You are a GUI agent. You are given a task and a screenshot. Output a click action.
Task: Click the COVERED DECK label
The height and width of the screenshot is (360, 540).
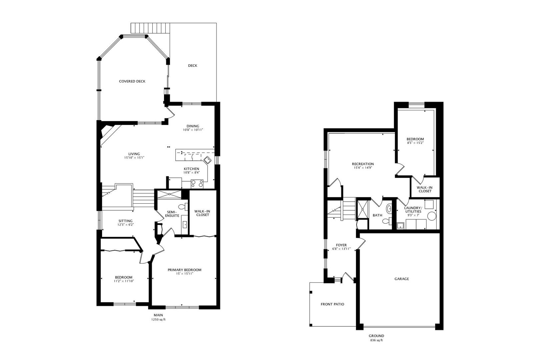coord(132,81)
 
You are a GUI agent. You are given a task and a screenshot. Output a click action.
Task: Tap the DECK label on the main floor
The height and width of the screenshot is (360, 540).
coord(192,66)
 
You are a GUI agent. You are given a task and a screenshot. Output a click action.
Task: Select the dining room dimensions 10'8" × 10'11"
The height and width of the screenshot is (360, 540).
coord(193,130)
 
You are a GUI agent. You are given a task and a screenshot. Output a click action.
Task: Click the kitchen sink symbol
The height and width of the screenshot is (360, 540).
coord(208,160)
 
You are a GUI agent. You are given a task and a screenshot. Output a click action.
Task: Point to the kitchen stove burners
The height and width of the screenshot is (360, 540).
coord(197,183)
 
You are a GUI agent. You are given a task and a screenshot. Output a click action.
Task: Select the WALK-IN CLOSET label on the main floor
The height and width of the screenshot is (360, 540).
coord(202,213)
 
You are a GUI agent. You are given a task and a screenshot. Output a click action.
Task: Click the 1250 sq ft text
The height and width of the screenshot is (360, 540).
coord(158,320)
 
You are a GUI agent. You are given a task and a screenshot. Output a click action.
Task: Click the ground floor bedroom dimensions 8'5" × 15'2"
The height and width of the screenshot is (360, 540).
coord(415,143)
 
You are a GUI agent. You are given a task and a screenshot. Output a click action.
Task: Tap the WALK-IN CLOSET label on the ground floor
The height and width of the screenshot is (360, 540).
coord(425,189)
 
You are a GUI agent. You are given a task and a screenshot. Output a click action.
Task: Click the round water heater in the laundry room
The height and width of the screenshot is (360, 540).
coord(432,216)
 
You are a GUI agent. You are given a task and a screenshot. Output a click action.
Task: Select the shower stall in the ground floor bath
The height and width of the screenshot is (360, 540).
coord(362,210)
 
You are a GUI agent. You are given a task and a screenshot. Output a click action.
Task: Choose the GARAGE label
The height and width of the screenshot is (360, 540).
coord(401,279)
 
